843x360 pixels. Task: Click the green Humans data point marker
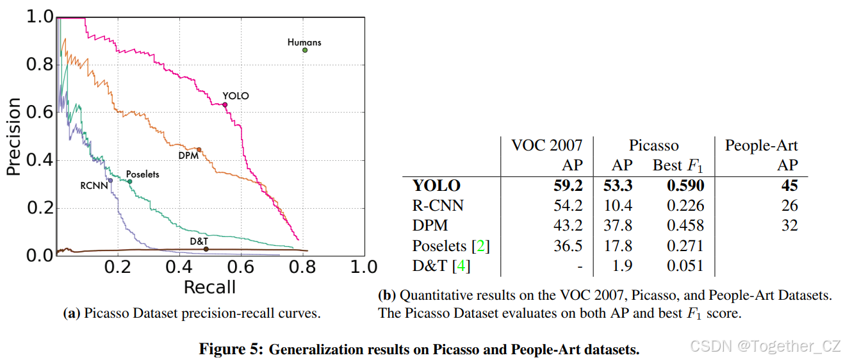305,50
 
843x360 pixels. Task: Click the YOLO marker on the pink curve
225,104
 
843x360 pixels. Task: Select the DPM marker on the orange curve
199,150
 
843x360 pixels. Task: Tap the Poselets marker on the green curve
129,181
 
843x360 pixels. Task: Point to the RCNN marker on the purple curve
110,181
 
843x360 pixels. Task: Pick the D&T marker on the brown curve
206,249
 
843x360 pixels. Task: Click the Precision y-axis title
14,136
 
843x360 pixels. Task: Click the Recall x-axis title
209,288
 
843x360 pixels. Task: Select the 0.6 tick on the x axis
241,266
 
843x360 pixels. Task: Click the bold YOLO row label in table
436,186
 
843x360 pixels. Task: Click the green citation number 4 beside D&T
459,265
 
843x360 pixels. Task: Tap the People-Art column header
761,145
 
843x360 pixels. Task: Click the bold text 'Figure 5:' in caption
229,350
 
